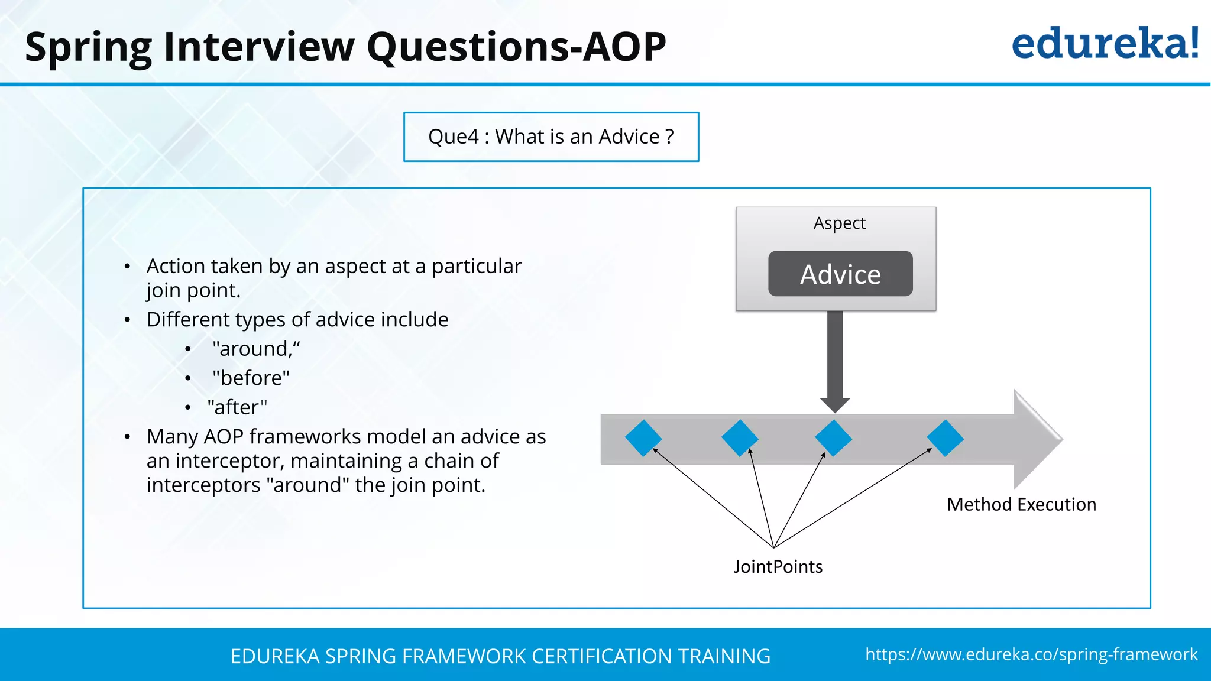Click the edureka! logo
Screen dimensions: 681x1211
tap(1105, 44)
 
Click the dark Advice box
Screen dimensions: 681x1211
tap(840, 274)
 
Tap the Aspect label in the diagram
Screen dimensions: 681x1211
tap(839, 223)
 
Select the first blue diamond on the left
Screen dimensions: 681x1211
tap(643, 438)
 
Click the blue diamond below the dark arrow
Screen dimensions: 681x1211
tap(833, 438)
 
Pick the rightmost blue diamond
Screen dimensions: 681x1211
tap(945, 438)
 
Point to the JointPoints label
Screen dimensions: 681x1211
tap(778, 567)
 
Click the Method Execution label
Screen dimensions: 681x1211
tap(1021, 504)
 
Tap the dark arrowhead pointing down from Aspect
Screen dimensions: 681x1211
tap(835, 404)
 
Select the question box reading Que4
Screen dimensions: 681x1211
tap(551, 137)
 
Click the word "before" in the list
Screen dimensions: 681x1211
tap(251, 378)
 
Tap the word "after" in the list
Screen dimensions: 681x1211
tap(237, 407)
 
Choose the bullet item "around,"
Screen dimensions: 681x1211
tap(256, 349)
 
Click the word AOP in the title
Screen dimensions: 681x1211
tap(624, 47)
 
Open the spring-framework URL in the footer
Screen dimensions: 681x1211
tap(1031, 654)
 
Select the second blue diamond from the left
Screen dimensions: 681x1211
tap(740, 438)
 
